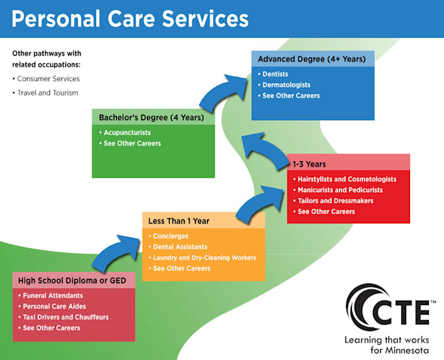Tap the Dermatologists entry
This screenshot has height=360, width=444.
tap(286, 85)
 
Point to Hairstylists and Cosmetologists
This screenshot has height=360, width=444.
tap(346, 179)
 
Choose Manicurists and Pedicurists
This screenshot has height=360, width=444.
tap(340, 190)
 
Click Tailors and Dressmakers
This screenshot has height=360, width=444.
tap(335, 201)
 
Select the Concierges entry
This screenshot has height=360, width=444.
tap(170, 236)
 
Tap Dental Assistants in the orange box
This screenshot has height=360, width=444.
tap(180, 247)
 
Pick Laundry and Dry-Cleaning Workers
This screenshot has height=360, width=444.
tap(204, 257)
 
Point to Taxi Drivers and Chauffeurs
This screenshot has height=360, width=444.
tap(65, 317)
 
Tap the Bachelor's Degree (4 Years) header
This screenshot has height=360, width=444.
tap(151, 118)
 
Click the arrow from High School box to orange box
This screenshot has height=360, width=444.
tap(115, 255)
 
